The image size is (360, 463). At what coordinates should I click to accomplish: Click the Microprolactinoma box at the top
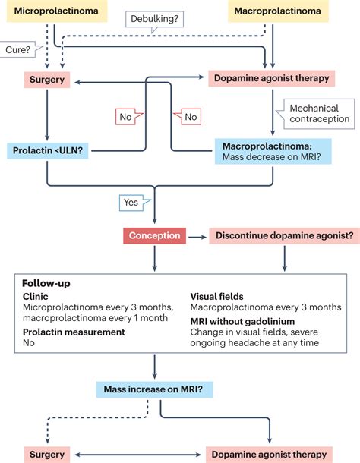pyautogui.click(x=57, y=11)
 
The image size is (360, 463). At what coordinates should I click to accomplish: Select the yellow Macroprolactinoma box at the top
pyautogui.click(x=278, y=11)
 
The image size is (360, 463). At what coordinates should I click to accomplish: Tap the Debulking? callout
pyautogui.click(x=154, y=20)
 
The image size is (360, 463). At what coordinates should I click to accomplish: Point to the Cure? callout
pyautogui.click(x=20, y=49)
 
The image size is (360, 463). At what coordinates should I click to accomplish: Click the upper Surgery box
pyautogui.click(x=47, y=80)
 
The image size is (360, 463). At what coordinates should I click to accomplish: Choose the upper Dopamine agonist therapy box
pyautogui.click(x=272, y=78)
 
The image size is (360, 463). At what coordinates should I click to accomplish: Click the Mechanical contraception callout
pyautogui.click(x=316, y=114)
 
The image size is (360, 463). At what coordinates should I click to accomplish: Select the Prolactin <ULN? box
pyautogui.click(x=48, y=150)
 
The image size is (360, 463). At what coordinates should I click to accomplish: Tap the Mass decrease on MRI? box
pyautogui.click(x=273, y=151)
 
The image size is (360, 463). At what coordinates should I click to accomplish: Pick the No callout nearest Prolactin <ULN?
pyautogui.click(x=128, y=117)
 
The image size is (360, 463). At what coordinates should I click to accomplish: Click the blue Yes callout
pyautogui.click(x=134, y=203)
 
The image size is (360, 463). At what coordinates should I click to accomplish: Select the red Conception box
pyautogui.click(x=155, y=235)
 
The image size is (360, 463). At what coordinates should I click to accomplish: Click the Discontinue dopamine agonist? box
pyautogui.click(x=284, y=235)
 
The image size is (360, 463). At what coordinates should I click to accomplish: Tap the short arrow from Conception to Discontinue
pyautogui.click(x=197, y=237)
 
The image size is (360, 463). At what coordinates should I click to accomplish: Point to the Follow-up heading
pyautogui.click(x=46, y=283)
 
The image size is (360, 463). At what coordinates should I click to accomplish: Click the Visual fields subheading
pyautogui.click(x=217, y=297)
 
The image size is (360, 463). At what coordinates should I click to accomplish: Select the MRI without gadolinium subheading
pyautogui.click(x=242, y=321)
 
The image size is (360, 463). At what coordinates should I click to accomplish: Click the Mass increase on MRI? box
pyautogui.click(x=154, y=389)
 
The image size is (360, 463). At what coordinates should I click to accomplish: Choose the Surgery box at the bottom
pyautogui.click(x=47, y=455)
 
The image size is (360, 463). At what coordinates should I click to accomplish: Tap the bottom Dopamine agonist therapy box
pyautogui.click(x=270, y=455)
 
